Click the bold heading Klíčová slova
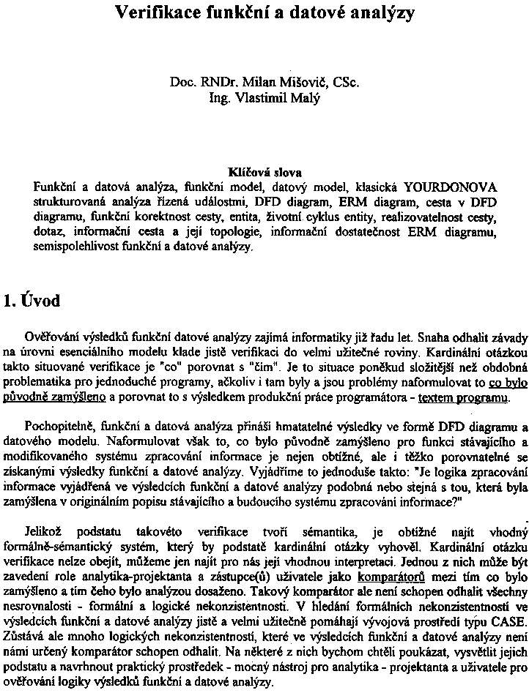coord(264,174)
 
